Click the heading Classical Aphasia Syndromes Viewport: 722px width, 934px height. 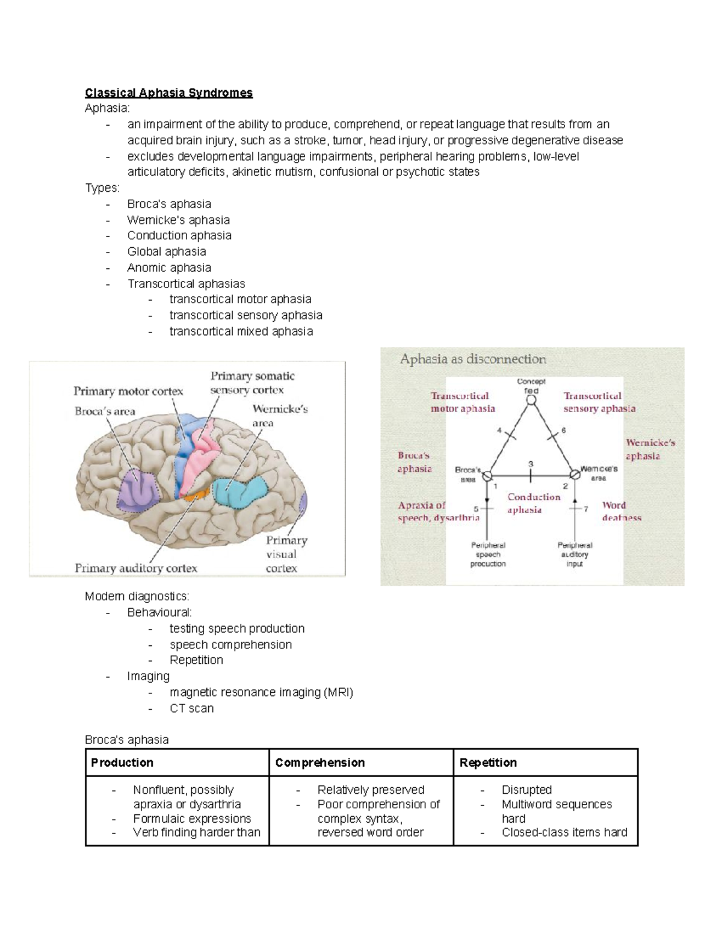tap(168, 93)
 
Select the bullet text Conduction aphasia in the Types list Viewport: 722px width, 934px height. tap(179, 235)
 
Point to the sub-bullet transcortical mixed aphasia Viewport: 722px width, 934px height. tap(241, 331)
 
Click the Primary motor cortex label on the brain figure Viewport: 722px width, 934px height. tap(128, 391)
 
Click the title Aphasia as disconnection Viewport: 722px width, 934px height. tap(473, 359)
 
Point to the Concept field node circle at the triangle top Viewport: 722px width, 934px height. tap(531, 400)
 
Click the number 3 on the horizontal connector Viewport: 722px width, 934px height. tap(530, 464)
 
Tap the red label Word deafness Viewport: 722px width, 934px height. tap(621, 511)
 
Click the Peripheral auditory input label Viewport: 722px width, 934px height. tap(575, 555)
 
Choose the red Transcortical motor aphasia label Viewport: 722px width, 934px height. tap(462, 402)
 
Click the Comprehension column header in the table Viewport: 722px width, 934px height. tap(320, 763)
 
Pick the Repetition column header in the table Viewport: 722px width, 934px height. tap(488, 763)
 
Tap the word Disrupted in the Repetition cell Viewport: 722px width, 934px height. tap(526, 790)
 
